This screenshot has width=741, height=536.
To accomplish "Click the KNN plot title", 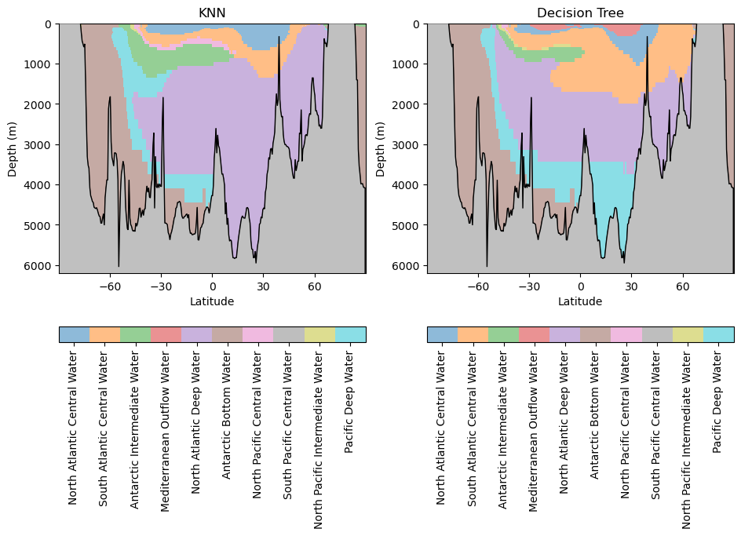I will [212, 13].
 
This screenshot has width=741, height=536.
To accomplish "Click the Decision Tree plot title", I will [580, 13].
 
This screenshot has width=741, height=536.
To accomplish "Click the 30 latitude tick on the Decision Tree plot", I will [631, 286].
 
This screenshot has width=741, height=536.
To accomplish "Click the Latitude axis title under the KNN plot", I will [212, 301].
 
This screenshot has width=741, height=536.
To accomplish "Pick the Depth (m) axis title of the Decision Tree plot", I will [381, 148].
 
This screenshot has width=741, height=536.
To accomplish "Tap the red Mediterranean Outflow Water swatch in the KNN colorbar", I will [166, 335].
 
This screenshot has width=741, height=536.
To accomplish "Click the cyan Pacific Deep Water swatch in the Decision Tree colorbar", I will [718, 335].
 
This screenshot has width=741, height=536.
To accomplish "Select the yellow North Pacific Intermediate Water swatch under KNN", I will [319, 335].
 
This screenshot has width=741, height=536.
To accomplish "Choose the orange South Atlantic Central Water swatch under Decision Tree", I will [473, 335].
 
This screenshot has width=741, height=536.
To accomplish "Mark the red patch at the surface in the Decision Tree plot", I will [626, 29].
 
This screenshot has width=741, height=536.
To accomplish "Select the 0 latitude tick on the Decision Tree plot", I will [580, 286].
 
